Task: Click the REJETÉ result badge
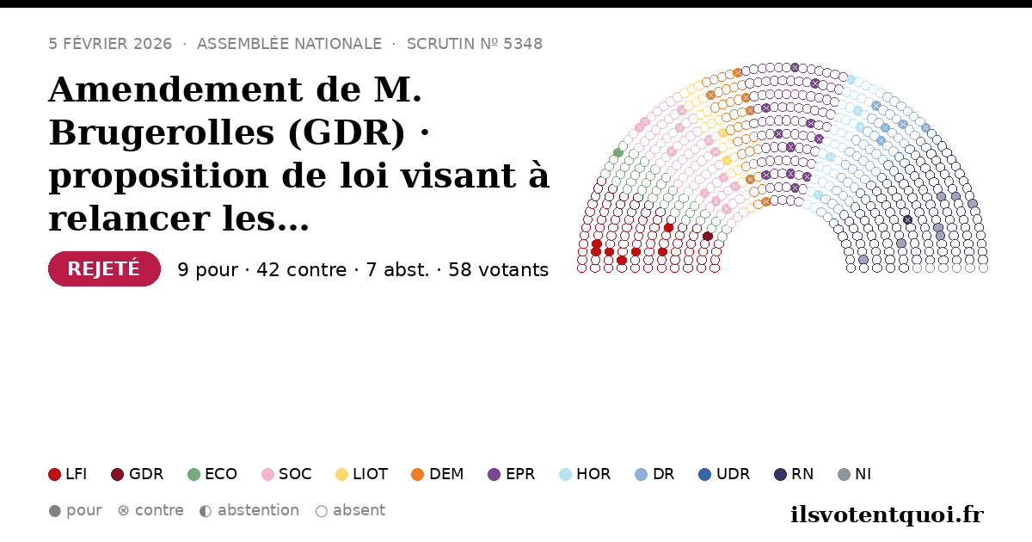point(104,268)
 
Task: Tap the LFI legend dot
point(54,474)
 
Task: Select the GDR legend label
point(146,474)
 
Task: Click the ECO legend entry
point(212,474)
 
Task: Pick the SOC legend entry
point(286,474)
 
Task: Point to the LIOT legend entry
point(362,474)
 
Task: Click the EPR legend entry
point(512,474)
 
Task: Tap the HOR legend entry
point(585,474)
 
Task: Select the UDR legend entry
point(724,474)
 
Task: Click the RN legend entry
point(794,474)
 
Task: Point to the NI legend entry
point(855,474)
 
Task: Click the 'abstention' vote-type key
point(249,510)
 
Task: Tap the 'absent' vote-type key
point(350,510)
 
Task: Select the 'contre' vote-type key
point(150,510)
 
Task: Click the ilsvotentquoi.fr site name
point(887,514)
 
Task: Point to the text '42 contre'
point(301,269)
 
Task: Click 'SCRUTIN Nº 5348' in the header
point(475,44)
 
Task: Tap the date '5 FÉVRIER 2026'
point(110,44)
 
